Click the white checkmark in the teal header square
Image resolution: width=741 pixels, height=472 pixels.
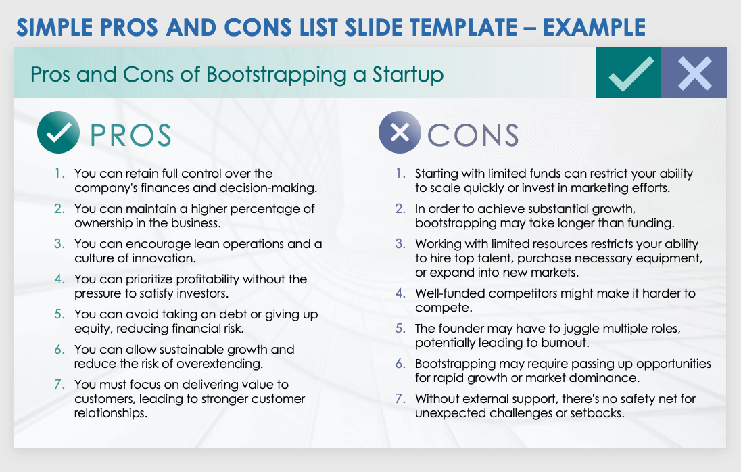tap(631, 74)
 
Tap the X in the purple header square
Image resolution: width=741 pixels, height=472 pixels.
tap(695, 73)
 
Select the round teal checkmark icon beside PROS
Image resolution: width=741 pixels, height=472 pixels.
tap(58, 133)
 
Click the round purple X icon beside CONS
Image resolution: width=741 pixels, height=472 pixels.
tap(400, 133)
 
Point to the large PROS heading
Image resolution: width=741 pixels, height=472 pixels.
tap(130, 136)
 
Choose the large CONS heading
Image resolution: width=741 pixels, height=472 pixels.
tap(473, 136)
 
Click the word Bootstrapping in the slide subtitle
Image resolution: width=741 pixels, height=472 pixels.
tap(277, 75)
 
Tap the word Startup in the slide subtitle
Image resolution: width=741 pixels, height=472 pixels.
tap(408, 75)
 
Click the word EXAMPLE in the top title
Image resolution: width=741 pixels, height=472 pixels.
tap(594, 28)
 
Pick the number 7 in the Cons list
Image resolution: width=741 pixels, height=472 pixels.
tap(400, 399)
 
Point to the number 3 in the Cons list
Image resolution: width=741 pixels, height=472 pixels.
tap(400, 244)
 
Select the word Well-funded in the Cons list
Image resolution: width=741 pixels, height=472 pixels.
tap(450, 293)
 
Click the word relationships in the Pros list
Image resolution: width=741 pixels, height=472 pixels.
tap(111, 413)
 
